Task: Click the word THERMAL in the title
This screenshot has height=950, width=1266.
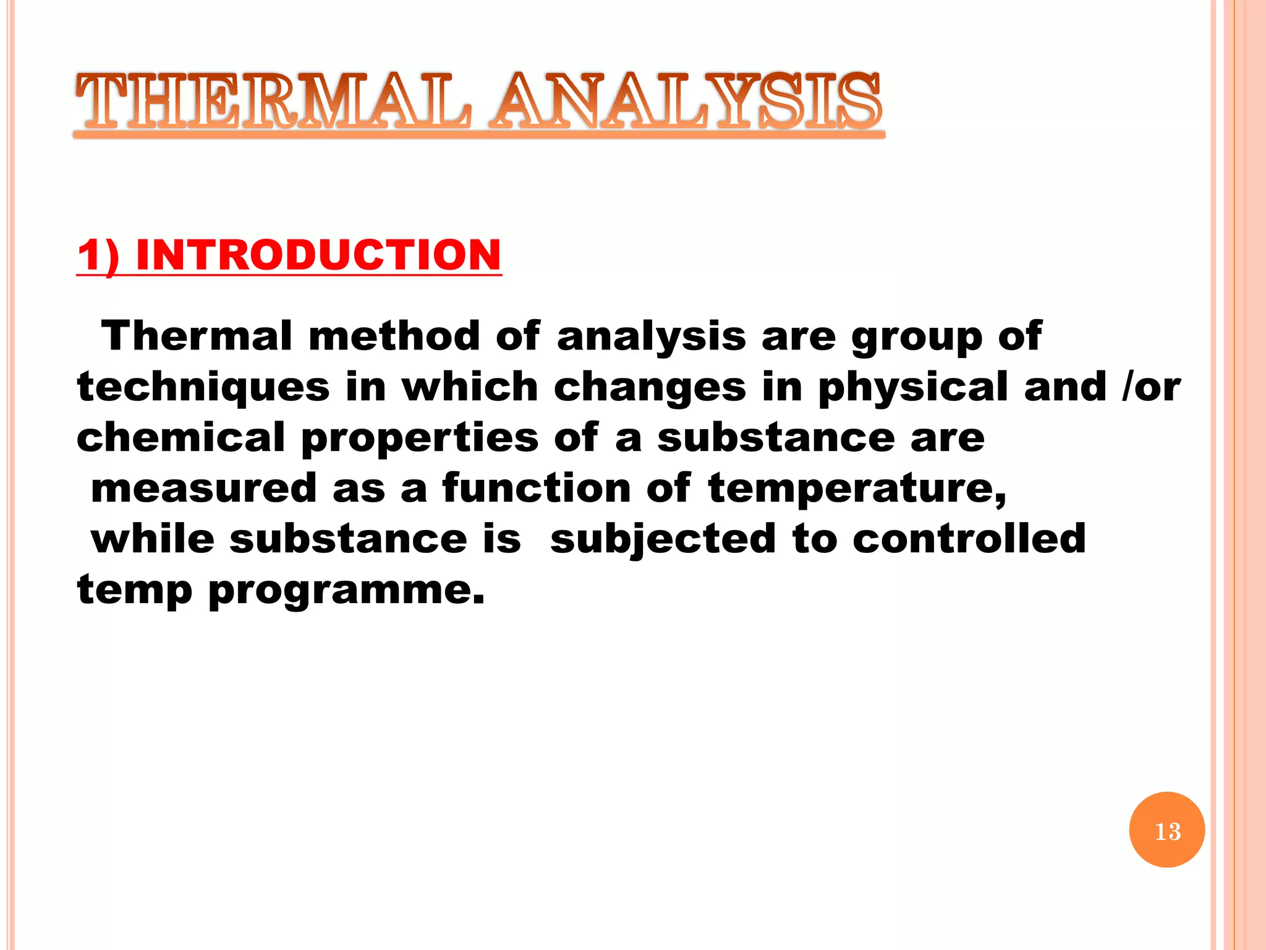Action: [x=272, y=102]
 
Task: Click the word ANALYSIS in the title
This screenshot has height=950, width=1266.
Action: [x=686, y=102]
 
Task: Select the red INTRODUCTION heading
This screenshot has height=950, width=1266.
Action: [x=318, y=255]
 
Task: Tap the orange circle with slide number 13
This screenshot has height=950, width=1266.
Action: [x=1166, y=830]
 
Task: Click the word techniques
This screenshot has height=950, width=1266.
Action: [x=203, y=387]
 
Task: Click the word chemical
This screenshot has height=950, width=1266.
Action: [x=181, y=437]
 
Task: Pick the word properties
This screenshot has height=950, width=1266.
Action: [x=420, y=438]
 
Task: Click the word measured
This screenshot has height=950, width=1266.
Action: [x=204, y=488]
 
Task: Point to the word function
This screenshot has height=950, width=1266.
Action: [x=536, y=488]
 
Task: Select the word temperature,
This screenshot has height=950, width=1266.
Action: [x=857, y=488]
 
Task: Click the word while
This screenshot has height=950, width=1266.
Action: [x=153, y=539]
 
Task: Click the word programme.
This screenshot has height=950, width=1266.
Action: [x=346, y=591]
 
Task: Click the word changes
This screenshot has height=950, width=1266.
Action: [x=650, y=388]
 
